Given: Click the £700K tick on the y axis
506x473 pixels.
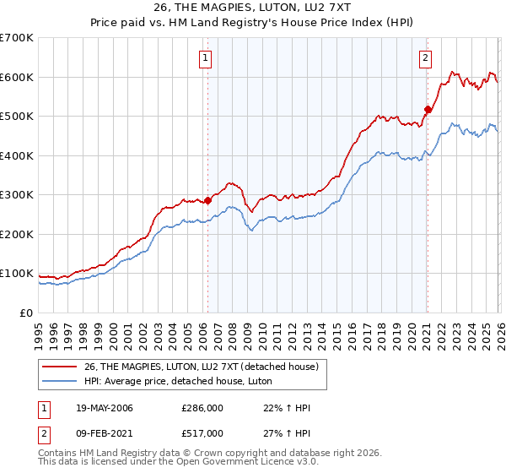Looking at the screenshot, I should (17, 38).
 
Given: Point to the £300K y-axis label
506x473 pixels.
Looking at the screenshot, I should (17, 195).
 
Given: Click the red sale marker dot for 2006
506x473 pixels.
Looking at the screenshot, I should (207, 201).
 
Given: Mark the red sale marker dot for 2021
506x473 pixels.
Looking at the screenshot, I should (428, 109).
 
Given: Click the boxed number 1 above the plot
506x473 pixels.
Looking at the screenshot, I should (206, 58).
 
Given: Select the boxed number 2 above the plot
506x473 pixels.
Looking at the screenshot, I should (425, 58).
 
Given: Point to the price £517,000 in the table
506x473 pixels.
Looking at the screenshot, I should (202, 432).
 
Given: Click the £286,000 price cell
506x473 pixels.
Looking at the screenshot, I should (202, 408).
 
